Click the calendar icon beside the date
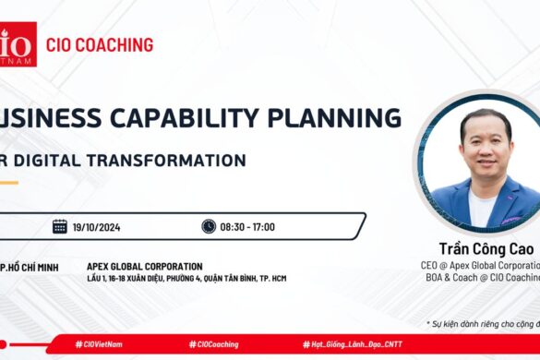coord(60,226)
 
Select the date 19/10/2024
coord(102,227)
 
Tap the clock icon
coord(209,226)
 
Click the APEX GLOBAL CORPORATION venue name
coord(144,267)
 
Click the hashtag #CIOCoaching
coord(213,344)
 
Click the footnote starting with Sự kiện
coord(484,323)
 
